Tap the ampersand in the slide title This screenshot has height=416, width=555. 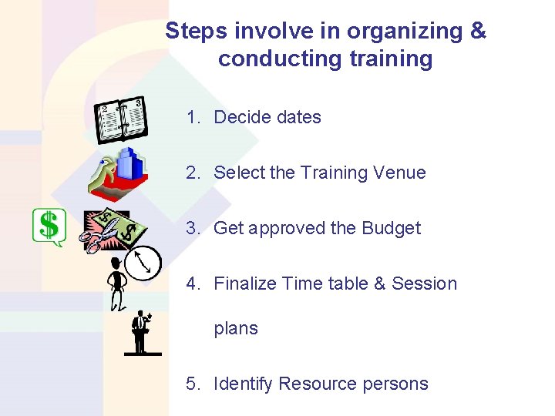478,32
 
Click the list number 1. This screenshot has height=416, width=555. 191,117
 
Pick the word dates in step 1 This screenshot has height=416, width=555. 296,117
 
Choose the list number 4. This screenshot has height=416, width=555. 191,283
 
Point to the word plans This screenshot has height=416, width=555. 236,329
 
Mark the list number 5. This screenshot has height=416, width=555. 191,384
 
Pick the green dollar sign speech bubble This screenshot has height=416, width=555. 49,227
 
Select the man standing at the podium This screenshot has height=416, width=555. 141,331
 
